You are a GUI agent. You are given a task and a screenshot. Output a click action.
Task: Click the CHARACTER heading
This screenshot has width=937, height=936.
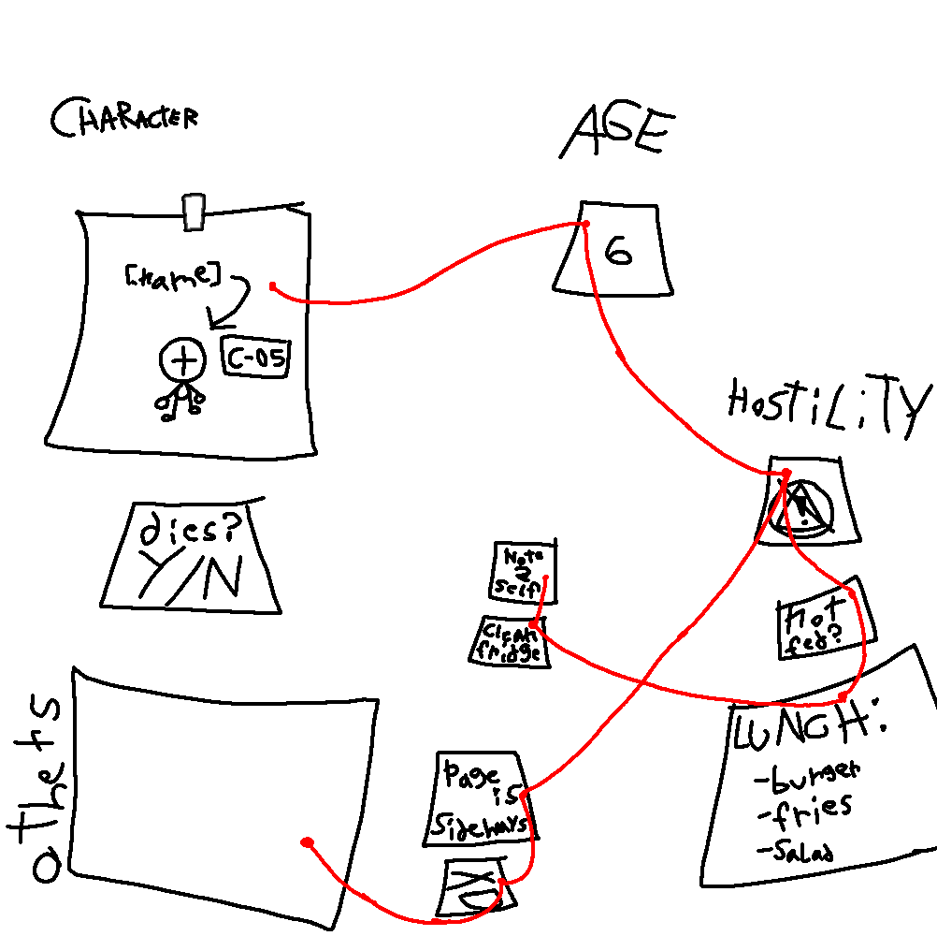[x=123, y=119]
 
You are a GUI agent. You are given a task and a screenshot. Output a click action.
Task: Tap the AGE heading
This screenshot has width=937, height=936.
[x=616, y=132]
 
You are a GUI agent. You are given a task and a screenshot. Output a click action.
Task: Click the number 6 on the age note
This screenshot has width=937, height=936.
[x=618, y=250]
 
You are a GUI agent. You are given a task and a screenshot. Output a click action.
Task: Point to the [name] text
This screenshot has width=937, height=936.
[x=171, y=276]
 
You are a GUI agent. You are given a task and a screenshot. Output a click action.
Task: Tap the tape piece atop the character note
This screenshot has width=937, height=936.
[x=194, y=212]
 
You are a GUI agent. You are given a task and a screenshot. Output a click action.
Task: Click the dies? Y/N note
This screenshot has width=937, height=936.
[x=192, y=557]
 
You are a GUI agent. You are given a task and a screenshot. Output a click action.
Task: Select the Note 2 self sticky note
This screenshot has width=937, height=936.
[x=524, y=571]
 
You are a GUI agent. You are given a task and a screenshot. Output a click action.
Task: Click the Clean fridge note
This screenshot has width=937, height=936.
[x=512, y=641]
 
